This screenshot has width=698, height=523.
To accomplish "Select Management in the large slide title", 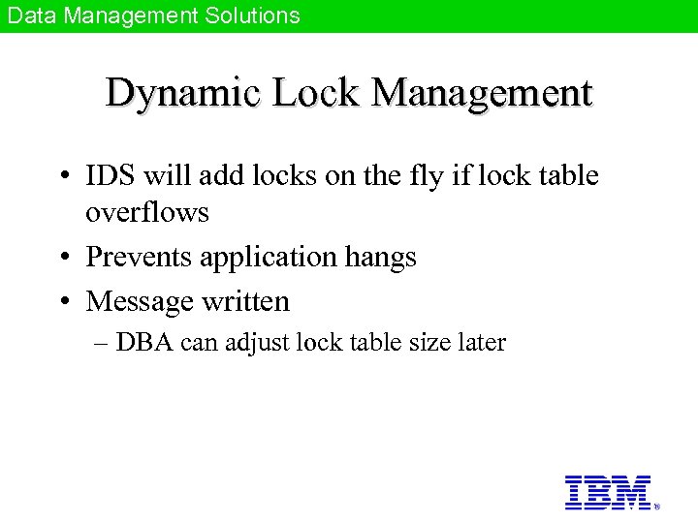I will [x=481, y=94].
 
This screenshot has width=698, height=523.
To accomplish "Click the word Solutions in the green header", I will [x=246, y=15].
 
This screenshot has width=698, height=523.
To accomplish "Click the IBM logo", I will [x=608, y=492].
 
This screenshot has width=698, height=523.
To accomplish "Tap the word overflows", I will [x=147, y=212].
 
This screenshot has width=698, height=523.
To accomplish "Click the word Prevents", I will [x=139, y=257].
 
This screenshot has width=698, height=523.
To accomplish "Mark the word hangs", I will [x=383, y=258].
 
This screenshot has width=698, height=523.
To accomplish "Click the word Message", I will [x=140, y=301].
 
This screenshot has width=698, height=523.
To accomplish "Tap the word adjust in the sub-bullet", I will [x=258, y=343].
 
